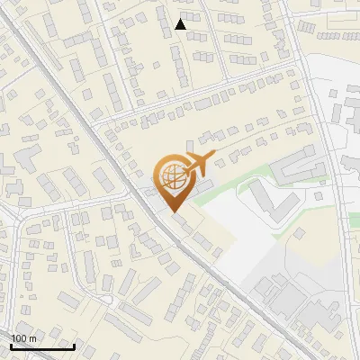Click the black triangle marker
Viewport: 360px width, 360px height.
[181, 25]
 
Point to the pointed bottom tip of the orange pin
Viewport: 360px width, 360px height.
[175, 211]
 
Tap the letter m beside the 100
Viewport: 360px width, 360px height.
[33, 338]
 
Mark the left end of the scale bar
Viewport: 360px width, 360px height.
[11, 346]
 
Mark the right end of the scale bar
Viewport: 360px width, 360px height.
[75, 346]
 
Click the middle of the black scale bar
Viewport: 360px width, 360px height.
[42, 346]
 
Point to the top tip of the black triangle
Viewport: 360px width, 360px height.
[181, 19]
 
